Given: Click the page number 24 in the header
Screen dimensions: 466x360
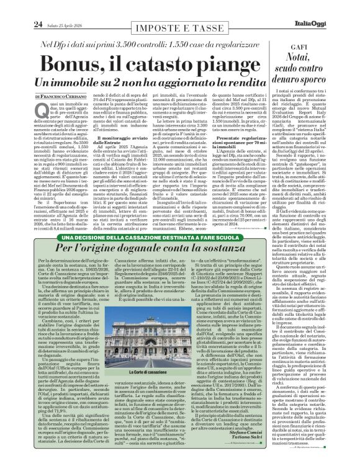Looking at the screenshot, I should pos(20,7).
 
